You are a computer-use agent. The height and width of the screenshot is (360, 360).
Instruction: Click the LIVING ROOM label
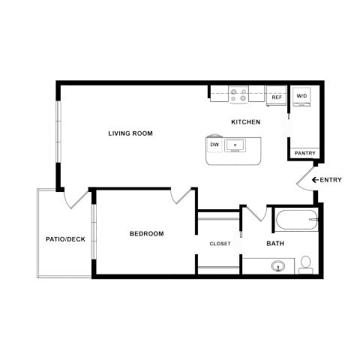[x=130, y=133]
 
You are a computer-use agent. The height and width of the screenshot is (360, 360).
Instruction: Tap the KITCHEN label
[x=246, y=122]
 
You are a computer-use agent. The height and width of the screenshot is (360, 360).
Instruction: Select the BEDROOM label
[x=147, y=234]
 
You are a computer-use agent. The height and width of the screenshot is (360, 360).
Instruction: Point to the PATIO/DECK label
[x=65, y=239]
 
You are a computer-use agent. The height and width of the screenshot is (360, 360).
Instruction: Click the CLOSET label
[x=220, y=244]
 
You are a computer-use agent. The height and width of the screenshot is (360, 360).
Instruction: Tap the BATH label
[x=275, y=244]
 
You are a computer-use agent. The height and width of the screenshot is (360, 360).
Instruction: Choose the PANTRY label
[x=304, y=153]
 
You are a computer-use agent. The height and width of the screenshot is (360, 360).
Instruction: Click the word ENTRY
[x=331, y=180]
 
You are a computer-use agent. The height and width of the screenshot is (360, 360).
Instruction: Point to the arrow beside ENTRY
[x=316, y=180]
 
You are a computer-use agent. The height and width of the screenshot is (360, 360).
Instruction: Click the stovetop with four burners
[x=238, y=94]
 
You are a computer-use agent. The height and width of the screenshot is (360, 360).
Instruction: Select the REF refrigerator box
[x=277, y=96]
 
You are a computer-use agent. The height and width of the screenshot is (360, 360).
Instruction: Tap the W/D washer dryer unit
[x=301, y=97]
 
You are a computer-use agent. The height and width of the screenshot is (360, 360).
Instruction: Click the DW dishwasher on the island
[x=214, y=145]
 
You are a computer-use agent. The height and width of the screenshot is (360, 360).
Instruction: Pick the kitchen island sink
[x=235, y=145]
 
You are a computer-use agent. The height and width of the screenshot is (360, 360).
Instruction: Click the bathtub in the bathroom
[x=296, y=220]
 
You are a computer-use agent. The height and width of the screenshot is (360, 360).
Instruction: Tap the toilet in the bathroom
[x=306, y=265]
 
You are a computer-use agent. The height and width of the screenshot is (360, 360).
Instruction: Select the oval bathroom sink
[x=278, y=266]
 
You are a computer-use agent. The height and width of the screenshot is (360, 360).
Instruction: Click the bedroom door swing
[x=181, y=196]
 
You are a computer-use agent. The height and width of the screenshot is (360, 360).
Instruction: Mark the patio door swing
[x=76, y=199]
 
